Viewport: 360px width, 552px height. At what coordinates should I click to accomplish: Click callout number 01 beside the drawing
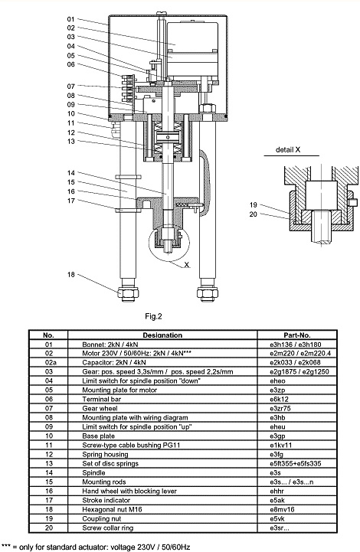pos(70,19)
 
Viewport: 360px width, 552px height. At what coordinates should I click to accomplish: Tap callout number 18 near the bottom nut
pos(70,275)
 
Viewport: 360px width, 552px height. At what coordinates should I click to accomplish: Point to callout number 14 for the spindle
pos(70,173)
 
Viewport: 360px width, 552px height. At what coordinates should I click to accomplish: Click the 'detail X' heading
pos(288,149)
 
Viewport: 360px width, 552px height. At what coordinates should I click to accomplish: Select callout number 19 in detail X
pos(254,205)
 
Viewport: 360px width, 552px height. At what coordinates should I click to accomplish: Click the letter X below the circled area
pos(187,265)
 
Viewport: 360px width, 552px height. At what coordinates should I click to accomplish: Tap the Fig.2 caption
pos(154,316)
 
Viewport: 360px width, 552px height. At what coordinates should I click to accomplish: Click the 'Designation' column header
pos(162,335)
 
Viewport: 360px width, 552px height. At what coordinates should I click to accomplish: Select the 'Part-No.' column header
pos(297,335)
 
